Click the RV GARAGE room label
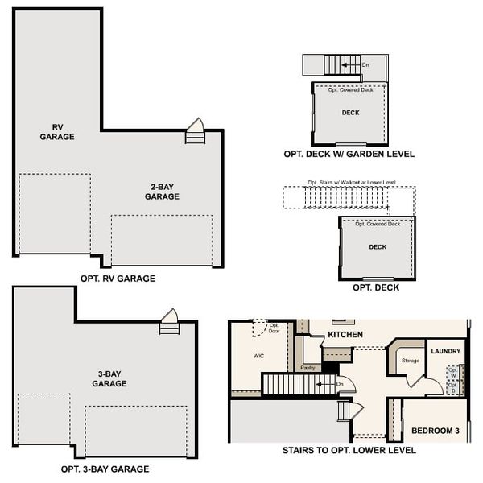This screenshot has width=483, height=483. coord(57,132)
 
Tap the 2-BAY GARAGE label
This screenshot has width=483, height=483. coord(162,192)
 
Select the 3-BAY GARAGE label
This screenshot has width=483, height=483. coord(109,379)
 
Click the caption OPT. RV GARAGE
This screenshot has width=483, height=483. coord(118,279)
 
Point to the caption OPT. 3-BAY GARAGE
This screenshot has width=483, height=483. coord(105,469)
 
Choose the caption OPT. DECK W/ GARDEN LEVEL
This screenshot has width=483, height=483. coord(349,154)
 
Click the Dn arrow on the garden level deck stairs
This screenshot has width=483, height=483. coord(365,65)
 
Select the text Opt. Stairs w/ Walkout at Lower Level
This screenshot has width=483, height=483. coord(347,183)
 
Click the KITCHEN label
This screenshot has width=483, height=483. coord(345,334)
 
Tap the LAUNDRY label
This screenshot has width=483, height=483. coord(445,351)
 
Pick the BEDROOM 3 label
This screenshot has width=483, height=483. coord(435,431)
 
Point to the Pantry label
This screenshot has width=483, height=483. coord(307,368)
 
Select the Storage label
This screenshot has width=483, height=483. coord(411,361)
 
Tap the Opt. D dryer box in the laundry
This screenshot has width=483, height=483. coord(452,387)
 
